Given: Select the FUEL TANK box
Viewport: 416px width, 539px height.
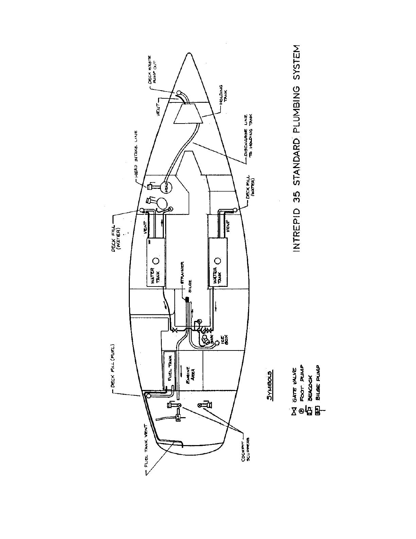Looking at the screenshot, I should pyautogui.click(x=169, y=368).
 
